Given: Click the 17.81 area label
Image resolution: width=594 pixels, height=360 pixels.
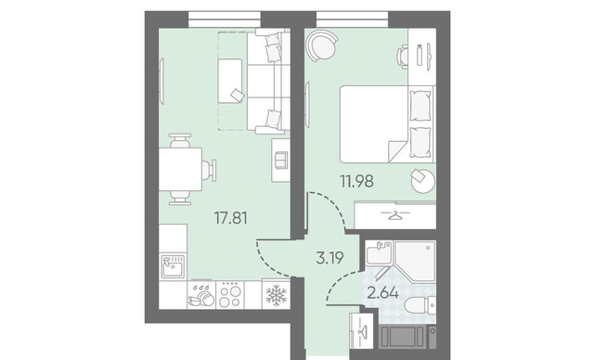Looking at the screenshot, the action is (x=230, y=218).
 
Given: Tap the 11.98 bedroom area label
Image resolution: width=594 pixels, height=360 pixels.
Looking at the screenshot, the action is (x=356, y=181).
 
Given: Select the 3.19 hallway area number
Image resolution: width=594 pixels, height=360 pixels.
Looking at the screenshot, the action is (x=330, y=258).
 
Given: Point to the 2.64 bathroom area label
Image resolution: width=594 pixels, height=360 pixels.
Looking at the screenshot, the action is (x=383, y=293).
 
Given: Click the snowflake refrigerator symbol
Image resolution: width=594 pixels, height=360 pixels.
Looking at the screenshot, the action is (x=277, y=295).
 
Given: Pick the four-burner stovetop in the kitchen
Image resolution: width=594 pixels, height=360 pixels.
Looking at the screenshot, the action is (x=230, y=295).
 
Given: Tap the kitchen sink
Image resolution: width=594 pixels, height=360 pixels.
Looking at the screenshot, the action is (x=174, y=266).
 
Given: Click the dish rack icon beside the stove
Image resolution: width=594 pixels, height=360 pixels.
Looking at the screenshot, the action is (x=201, y=295).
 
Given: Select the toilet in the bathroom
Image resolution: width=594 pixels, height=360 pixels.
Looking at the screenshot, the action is (x=420, y=305).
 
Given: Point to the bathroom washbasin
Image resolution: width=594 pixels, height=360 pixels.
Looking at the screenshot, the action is (x=379, y=253).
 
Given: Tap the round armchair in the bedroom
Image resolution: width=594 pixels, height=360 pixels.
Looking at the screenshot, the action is (x=322, y=45).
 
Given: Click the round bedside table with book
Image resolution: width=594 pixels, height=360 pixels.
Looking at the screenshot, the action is (x=422, y=181).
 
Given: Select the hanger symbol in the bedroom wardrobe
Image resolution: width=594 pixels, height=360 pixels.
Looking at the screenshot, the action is (x=395, y=215).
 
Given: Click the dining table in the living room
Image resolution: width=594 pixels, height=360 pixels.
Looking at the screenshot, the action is (x=180, y=169).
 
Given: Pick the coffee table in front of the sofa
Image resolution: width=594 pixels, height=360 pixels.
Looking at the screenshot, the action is (x=230, y=81).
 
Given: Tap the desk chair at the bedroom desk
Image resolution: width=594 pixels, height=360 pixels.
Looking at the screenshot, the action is (x=402, y=57).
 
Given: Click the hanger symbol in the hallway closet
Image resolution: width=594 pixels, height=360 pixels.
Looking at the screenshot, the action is (x=361, y=332).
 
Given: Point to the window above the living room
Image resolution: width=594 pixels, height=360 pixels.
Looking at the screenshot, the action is (x=225, y=19).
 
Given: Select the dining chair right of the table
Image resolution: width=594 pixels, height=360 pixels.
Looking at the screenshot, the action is (x=209, y=170).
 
